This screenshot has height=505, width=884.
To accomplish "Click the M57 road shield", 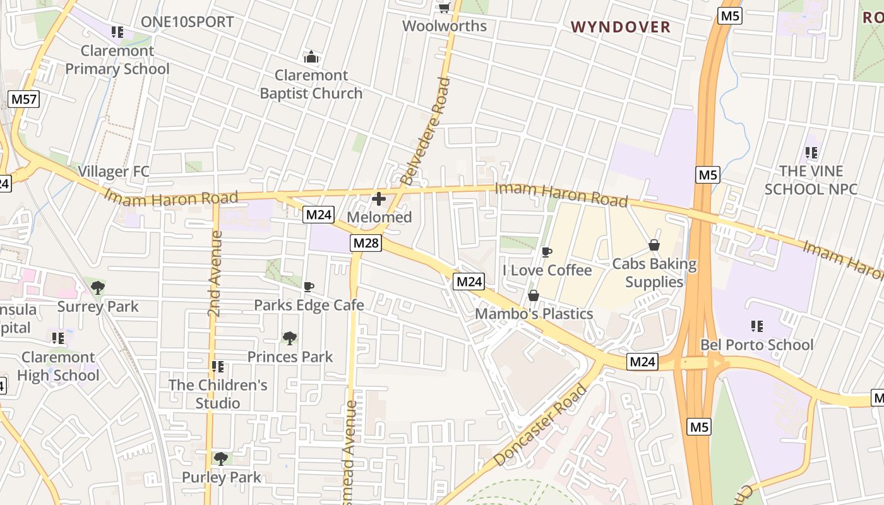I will (x=25, y=98).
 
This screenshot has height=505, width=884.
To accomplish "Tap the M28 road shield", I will (x=366, y=243).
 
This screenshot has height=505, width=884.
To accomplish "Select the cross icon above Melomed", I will (x=379, y=199).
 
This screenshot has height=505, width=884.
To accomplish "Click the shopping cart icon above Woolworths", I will (x=444, y=8).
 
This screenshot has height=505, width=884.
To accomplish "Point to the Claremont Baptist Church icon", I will (x=311, y=57).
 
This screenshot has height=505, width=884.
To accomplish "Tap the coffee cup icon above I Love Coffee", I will (x=547, y=252).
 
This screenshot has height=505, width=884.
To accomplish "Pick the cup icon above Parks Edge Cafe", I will (x=309, y=287).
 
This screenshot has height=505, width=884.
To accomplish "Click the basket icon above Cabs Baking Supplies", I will (x=654, y=245).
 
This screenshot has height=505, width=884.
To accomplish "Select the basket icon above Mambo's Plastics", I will (x=534, y=295).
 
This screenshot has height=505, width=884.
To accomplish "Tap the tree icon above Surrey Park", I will (x=97, y=288).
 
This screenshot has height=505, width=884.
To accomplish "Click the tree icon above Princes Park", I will (x=290, y=338).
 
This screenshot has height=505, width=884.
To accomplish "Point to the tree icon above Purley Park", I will (x=220, y=459).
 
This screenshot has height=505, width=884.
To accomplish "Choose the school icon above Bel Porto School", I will (x=757, y=326).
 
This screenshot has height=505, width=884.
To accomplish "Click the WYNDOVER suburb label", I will (x=620, y=27).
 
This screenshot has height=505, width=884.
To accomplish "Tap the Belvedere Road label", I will (x=426, y=131).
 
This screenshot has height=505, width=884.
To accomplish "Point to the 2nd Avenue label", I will (x=215, y=273).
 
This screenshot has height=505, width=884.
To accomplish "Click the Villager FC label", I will (x=114, y=172).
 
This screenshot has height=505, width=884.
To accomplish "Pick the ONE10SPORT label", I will (x=187, y=22).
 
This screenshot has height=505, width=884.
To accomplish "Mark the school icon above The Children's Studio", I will (x=218, y=367).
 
